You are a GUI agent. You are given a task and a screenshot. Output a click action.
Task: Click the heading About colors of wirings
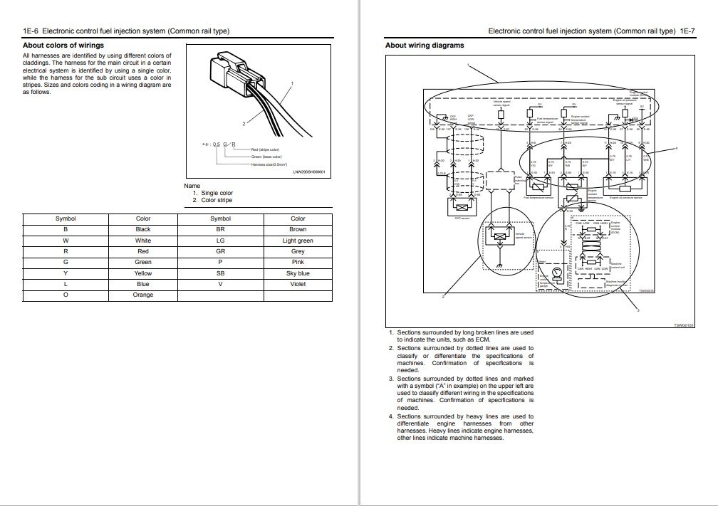coord(63,45)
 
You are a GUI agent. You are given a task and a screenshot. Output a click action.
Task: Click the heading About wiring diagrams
coord(425,45)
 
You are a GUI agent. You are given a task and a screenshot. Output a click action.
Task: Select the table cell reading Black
coord(143,230)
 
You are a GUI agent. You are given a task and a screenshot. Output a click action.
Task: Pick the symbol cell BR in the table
coord(221,230)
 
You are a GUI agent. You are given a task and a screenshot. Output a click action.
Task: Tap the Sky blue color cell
coord(298,273)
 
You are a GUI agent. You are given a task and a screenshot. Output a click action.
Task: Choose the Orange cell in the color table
coord(143,295)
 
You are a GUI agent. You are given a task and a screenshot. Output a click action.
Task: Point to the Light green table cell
coord(298,241)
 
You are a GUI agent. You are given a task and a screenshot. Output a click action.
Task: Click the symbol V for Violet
coord(221,284)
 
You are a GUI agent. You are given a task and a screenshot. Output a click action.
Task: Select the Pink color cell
coord(298,263)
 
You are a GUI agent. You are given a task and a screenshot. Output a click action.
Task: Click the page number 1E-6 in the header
coord(31,31)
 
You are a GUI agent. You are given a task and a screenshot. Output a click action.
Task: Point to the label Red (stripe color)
coord(266,149)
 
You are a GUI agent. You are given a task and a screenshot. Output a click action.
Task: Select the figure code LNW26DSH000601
coord(308,172)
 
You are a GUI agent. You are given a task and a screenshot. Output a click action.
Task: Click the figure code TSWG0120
coord(682,325)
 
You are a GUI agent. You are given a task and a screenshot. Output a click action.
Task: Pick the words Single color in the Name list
coord(217,193)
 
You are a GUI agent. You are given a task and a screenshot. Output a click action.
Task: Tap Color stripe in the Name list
coord(217,200)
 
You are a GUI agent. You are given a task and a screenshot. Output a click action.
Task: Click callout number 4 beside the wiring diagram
coord(676,148)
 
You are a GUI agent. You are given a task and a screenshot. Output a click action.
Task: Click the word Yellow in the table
coord(143,273)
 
